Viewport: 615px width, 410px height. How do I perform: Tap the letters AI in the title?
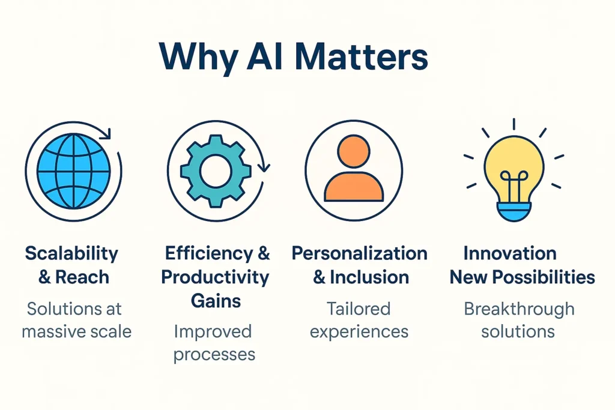pos(264,58)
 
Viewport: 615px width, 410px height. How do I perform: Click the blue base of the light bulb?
pos(514,211)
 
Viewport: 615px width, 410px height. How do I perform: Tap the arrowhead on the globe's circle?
pos(106,134)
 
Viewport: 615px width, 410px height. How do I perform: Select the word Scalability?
pos(71,253)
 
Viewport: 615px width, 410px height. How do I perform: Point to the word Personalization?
pos(359,253)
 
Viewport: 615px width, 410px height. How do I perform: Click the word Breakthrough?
pos(519,309)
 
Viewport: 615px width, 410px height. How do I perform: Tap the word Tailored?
pos(359,309)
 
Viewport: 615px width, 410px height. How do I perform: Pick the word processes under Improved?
pos(214,354)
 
